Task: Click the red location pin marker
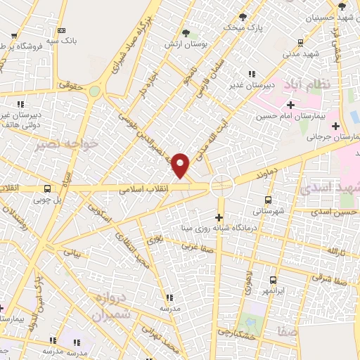point(181,166)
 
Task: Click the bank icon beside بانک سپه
point(62,31)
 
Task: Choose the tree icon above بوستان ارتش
point(186,32)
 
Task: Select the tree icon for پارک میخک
point(243,16)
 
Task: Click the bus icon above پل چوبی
point(47,188)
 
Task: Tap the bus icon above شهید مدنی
point(301,42)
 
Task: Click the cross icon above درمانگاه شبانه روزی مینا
point(220,217)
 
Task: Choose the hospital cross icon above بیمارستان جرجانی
point(336,125)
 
